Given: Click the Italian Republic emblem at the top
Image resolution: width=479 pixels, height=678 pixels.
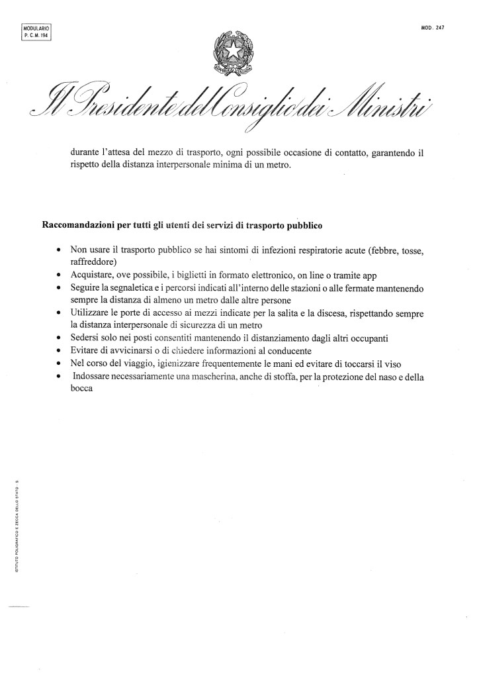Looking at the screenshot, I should tap(233, 51).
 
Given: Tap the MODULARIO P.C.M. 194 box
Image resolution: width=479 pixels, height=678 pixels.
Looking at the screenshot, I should tap(36, 32).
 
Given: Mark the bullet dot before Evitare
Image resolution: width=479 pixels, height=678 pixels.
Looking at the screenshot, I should tap(60, 351).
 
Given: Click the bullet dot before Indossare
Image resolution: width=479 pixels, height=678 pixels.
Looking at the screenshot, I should tap(60, 377).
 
